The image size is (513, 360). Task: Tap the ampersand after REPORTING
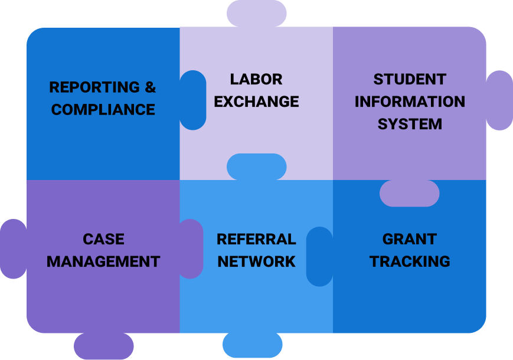[151, 87]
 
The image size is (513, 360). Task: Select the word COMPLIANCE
[103, 110]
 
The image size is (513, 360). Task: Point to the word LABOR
[256, 79]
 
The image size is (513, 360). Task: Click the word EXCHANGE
[256, 102]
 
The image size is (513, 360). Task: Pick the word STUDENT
[410, 79]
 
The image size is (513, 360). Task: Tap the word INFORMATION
[410, 102]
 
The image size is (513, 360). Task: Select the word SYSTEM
[410, 124]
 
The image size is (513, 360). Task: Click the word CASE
[103, 239]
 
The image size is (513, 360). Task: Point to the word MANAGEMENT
[103, 261]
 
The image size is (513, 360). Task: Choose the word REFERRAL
[256, 239]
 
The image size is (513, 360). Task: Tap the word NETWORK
[256, 261]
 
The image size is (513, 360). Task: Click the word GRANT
[410, 239]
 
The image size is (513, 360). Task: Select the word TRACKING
[410, 261]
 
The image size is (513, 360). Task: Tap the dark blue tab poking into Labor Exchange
[193, 100]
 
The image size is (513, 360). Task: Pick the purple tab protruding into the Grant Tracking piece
[409, 194]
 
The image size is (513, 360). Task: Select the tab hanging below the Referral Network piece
[252, 346]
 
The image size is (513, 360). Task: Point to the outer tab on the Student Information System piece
[499, 100]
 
